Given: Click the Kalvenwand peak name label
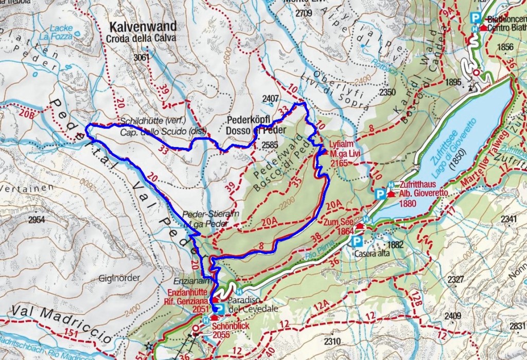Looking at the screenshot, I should point(143,26).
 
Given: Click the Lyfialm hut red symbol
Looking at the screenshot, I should point(324,152).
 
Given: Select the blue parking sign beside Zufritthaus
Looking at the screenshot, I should point(380,194).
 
